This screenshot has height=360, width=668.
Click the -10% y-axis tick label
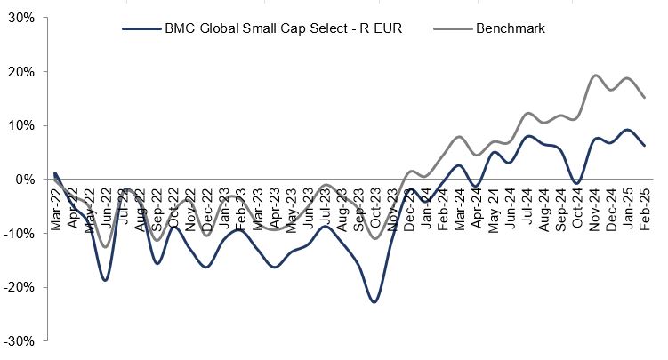click(x=20, y=233)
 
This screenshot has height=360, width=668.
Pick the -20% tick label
click(x=20, y=287)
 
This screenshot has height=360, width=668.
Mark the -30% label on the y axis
click(x=20, y=340)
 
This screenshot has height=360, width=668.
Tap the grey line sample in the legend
click(x=449, y=28)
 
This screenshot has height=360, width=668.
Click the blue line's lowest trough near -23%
click(x=374, y=302)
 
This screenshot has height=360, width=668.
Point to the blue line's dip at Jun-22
click(x=105, y=280)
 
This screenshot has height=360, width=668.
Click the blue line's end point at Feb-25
click(x=644, y=146)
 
